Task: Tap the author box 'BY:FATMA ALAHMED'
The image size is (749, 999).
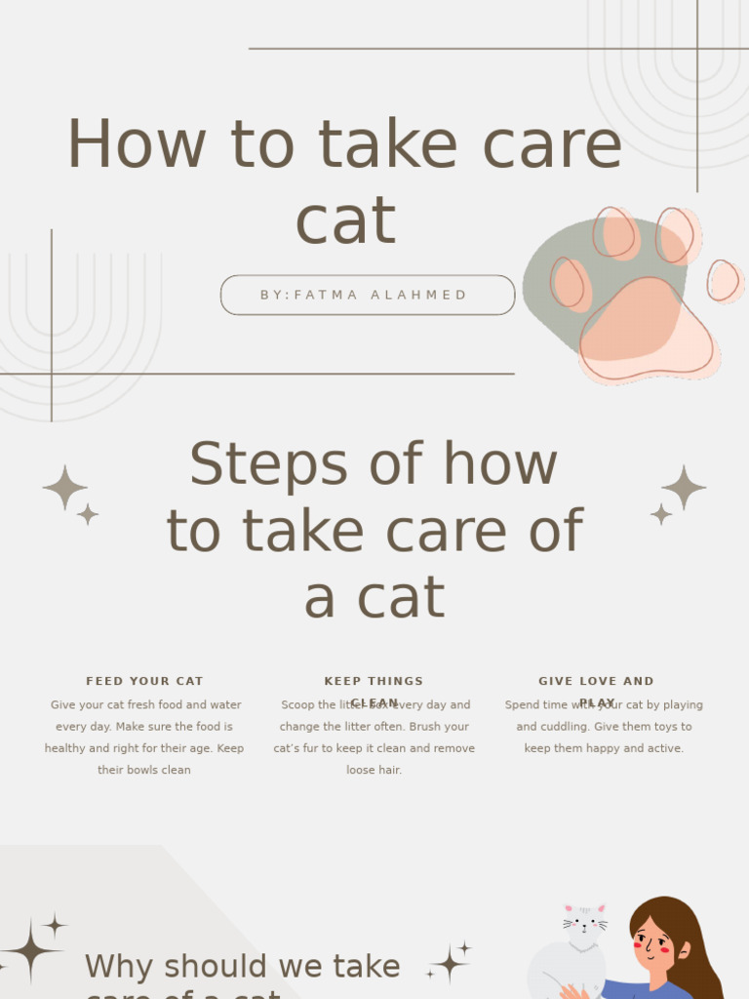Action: pyautogui.click(x=367, y=295)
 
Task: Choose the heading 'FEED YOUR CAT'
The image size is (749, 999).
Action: pyautogui.click(x=144, y=681)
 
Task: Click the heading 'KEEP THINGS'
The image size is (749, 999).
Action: pyautogui.click(x=374, y=681)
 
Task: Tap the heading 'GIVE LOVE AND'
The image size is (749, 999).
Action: pyautogui.click(x=596, y=681)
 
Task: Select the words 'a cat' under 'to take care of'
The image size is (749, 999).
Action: pyautogui.click(x=374, y=598)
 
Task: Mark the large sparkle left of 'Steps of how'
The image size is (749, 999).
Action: pyautogui.click(x=65, y=487)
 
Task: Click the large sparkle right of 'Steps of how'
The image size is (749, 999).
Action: pyautogui.click(x=684, y=487)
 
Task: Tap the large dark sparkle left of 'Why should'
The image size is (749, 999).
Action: pyautogui.click(x=31, y=949)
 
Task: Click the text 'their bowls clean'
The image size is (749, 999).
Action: pyautogui.click(x=144, y=770)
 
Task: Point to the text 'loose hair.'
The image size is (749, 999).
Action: pyautogui.click(x=374, y=770)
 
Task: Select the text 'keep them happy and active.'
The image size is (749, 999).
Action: pyautogui.click(x=604, y=748)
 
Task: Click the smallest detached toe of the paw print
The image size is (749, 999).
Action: pyautogui.click(x=723, y=281)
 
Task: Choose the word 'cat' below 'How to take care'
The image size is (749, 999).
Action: pyautogui.click(x=345, y=220)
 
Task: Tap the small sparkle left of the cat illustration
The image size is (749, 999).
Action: pyautogui.click(x=450, y=964)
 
